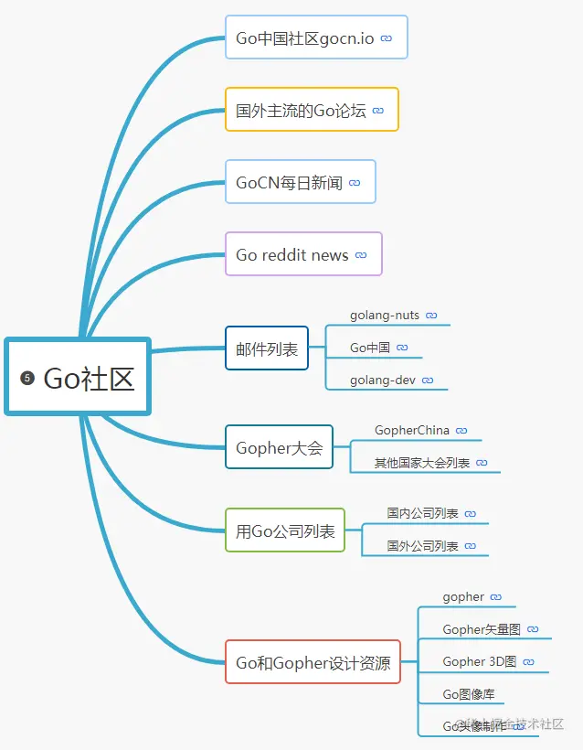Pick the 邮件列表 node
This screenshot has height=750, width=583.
(267, 348)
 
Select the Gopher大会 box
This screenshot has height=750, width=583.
(279, 447)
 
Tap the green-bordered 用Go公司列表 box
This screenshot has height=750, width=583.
(285, 530)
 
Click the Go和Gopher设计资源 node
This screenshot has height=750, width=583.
(313, 662)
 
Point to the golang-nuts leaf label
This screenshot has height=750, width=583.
(385, 316)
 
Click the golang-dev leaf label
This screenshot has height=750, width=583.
(384, 380)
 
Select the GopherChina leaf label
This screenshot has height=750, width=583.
(412, 430)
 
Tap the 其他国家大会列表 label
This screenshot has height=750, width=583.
(422, 463)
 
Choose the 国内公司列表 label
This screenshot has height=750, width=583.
(422, 514)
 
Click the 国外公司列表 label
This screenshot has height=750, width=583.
(422, 546)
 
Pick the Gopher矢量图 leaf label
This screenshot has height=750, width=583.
(482, 629)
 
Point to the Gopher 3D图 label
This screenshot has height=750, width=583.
(480, 661)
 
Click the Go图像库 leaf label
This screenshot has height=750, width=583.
(468, 694)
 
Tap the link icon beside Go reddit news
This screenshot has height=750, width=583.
(361, 255)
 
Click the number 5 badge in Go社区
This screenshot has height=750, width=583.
(27, 378)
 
